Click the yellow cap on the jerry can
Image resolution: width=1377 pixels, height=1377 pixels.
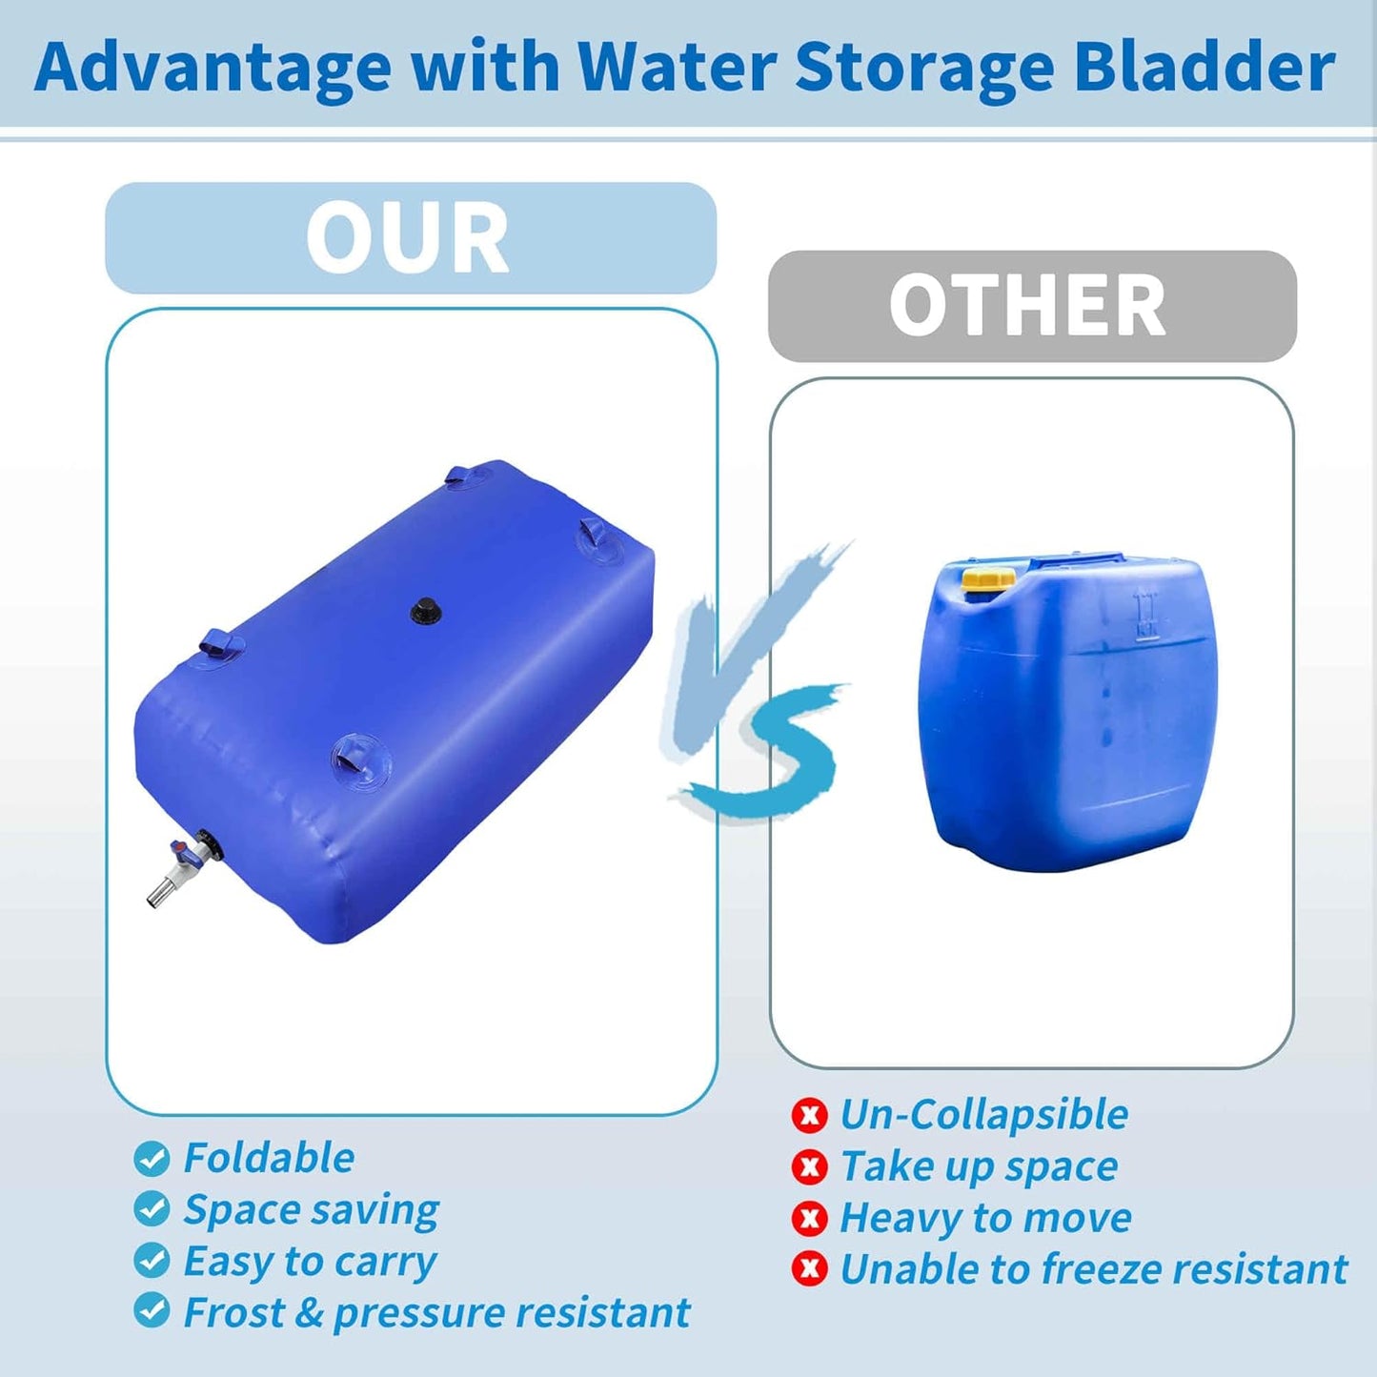(988, 578)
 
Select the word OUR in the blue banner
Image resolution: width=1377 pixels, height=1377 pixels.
(408, 239)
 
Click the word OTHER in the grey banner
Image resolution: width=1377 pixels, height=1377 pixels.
(1027, 306)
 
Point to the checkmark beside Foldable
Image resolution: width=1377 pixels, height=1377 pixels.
(152, 1159)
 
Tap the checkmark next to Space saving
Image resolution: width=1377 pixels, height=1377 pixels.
(152, 1209)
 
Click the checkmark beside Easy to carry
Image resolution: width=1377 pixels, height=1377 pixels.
(152, 1261)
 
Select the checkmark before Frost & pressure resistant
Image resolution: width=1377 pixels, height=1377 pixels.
(152, 1311)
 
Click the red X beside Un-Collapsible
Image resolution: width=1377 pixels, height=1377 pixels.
(809, 1115)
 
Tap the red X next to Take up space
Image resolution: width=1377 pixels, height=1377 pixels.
(809, 1166)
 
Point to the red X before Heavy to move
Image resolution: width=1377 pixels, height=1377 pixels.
(809, 1218)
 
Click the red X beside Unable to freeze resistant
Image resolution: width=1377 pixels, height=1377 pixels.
(809, 1269)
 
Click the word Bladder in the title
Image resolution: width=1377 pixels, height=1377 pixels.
(1205, 67)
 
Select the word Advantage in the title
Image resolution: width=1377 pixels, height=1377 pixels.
(213, 69)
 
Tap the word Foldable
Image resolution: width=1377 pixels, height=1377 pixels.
(269, 1159)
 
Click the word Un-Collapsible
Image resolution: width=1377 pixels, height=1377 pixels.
(983, 1115)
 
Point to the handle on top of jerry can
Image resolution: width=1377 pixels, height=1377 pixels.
(1077, 561)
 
